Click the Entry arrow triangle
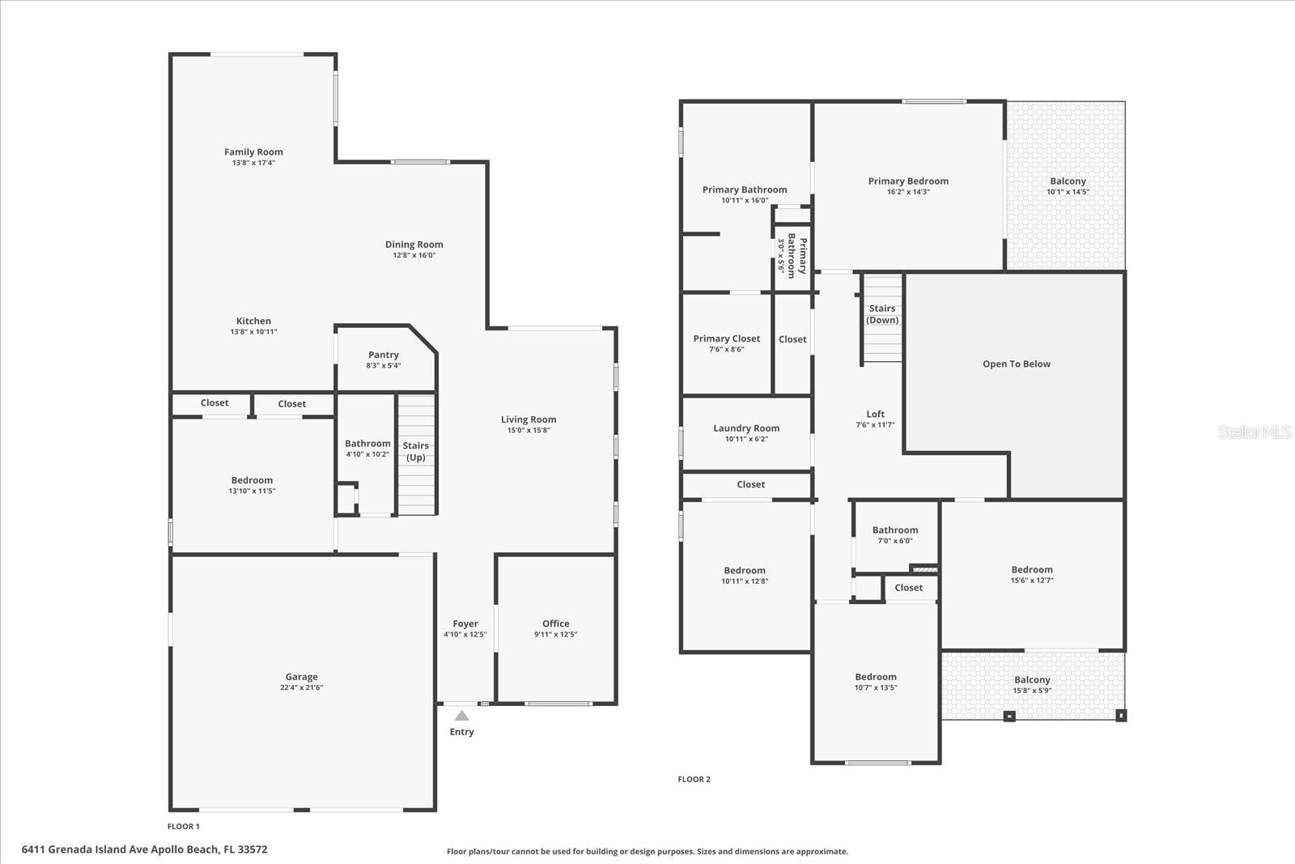(x=461, y=716)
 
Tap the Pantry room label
(x=384, y=355)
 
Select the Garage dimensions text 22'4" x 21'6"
(x=301, y=687)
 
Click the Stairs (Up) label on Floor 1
(x=416, y=451)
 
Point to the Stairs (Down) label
(x=882, y=314)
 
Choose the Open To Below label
(x=1017, y=364)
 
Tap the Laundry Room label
(x=746, y=428)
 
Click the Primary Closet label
(x=727, y=338)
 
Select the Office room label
(x=555, y=624)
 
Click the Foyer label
(x=465, y=624)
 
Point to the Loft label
(x=875, y=414)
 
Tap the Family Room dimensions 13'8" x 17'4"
(x=254, y=163)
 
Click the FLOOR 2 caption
(x=694, y=779)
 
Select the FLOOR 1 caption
(x=184, y=827)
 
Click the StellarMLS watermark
(x=1254, y=432)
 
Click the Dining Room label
(x=414, y=245)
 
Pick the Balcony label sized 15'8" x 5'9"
(x=1032, y=680)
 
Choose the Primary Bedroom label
(x=908, y=181)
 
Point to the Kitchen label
(x=254, y=321)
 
